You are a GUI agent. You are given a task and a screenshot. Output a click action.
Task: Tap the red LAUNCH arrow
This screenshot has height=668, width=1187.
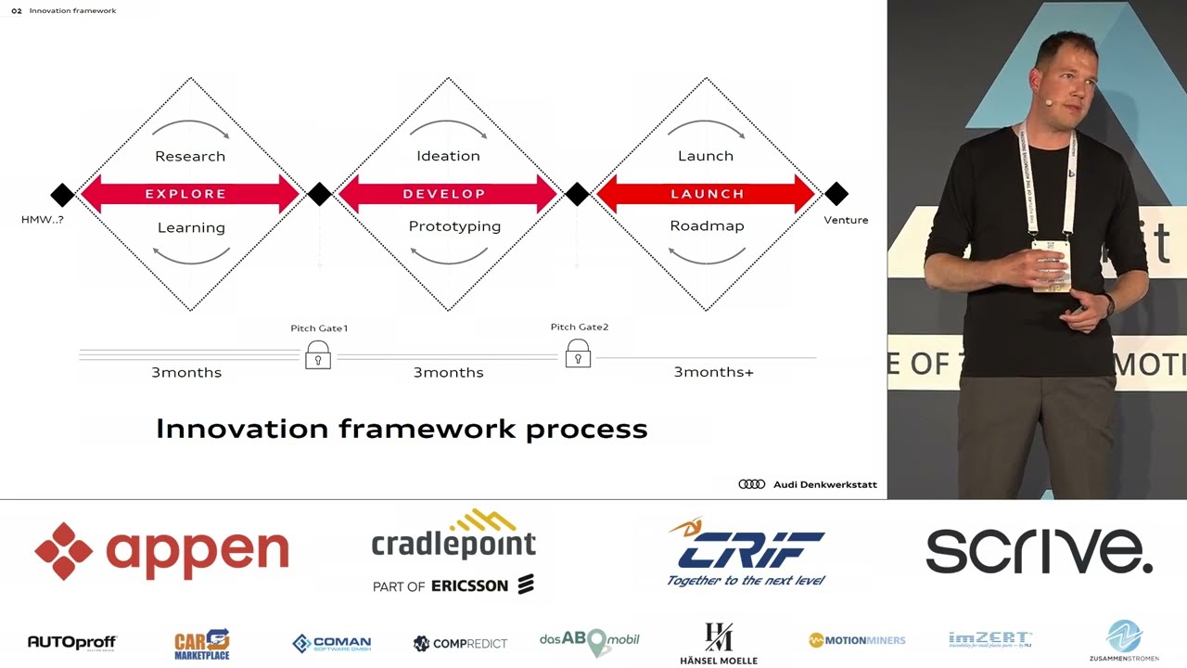(707, 194)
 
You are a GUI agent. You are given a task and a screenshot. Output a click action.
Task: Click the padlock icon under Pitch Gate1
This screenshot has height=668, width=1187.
(318, 354)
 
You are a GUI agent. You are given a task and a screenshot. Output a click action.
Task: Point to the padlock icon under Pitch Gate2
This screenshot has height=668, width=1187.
(578, 353)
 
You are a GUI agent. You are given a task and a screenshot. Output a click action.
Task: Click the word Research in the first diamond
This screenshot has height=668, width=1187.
(190, 156)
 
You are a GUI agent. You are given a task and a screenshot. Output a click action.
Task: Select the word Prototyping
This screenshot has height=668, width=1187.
(454, 226)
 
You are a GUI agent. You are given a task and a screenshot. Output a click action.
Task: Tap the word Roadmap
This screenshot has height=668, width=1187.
(707, 226)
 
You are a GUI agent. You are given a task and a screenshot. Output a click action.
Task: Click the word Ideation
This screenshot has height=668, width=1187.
(448, 156)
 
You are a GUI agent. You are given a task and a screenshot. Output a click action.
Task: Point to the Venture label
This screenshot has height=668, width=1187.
(846, 220)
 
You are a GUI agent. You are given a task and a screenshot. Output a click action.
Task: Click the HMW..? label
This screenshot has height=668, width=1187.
(43, 220)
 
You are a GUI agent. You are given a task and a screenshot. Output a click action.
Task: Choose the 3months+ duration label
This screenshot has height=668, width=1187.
(713, 372)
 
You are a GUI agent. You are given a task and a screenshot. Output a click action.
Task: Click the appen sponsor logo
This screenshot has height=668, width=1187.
(162, 550)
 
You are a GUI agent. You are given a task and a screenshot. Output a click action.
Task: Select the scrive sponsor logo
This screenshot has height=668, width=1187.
(1039, 551)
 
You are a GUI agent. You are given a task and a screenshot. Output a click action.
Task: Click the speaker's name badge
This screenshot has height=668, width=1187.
(1049, 265)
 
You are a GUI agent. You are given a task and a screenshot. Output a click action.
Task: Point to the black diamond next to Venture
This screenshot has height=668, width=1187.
(836, 194)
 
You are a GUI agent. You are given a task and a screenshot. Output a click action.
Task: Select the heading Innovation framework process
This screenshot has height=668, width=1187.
(402, 429)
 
